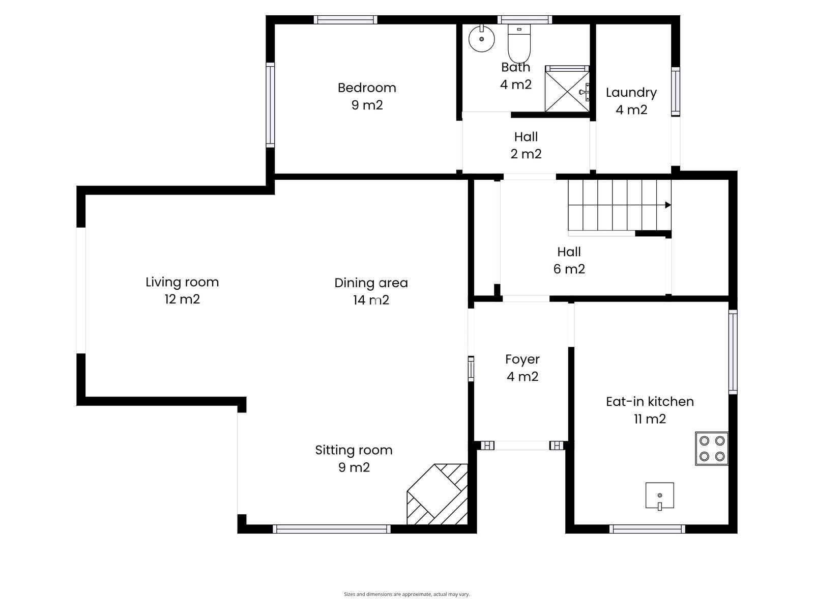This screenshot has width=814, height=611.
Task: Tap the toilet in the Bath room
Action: click(x=519, y=43)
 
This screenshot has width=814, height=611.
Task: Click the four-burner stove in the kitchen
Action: click(x=711, y=448)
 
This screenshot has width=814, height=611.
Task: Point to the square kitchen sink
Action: click(x=659, y=495)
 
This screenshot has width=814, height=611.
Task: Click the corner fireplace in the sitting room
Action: click(x=437, y=494)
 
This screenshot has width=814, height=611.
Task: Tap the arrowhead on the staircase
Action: click(x=668, y=205)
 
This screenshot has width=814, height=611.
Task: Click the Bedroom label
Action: click(x=367, y=88)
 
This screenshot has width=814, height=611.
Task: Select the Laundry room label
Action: click(x=631, y=93)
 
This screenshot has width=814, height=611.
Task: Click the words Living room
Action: click(x=182, y=282)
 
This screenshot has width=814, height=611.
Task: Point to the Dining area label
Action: click(x=371, y=283)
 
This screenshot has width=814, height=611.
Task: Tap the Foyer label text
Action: click(x=522, y=359)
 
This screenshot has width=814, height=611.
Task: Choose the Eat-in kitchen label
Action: click(x=650, y=401)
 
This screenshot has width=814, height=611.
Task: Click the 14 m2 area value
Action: click(x=371, y=300)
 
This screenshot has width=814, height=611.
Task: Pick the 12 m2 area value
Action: click(x=182, y=299)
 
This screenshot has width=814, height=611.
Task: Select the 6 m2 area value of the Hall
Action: click(x=569, y=269)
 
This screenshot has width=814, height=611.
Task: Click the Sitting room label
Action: click(x=354, y=451)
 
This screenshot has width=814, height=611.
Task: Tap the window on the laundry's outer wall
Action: click(x=676, y=92)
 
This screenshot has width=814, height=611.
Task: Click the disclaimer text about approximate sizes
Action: click(x=407, y=594)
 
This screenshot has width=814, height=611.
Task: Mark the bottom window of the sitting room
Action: click(x=332, y=529)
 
